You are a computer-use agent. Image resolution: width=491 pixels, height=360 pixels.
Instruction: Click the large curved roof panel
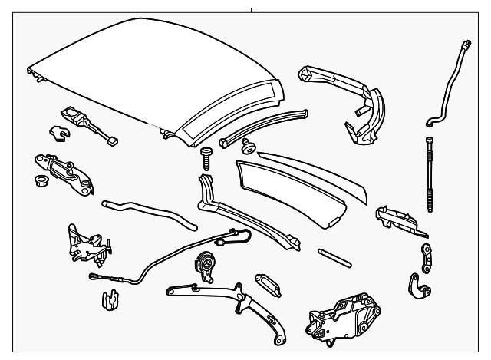pyautogui.click(x=153, y=77)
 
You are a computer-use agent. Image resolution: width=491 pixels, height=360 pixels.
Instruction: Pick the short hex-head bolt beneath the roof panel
pyautogui.click(x=206, y=159)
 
